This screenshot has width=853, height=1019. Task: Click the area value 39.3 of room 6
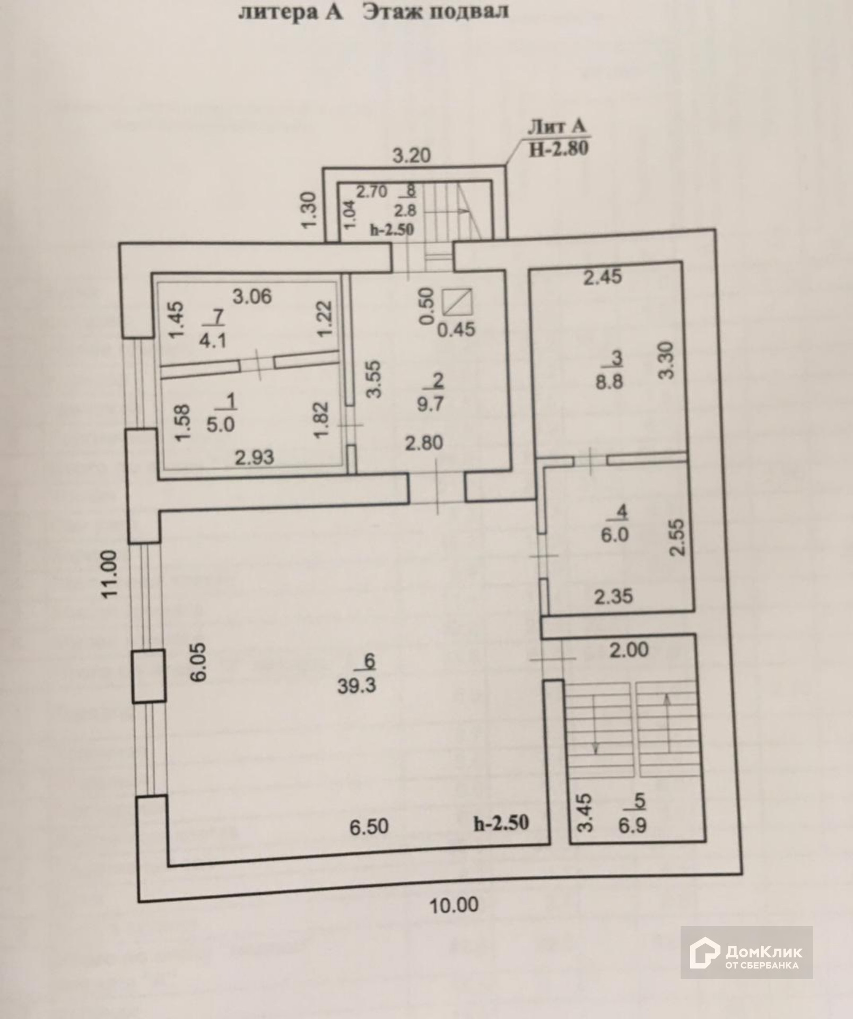(356, 685)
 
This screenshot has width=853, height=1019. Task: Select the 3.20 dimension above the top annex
(411, 156)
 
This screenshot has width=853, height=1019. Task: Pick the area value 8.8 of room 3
(609, 381)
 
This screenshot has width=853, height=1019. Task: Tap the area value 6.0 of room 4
(615, 534)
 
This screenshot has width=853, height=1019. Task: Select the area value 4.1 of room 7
(213, 340)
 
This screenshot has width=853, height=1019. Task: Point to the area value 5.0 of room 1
(220, 425)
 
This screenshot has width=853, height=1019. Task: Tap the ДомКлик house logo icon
(704, 952)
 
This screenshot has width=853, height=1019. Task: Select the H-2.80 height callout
(559, 148)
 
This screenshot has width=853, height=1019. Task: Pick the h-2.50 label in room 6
(501, 823)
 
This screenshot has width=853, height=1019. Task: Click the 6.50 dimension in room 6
(369, 826)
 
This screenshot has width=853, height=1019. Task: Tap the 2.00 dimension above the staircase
(629, 650)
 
